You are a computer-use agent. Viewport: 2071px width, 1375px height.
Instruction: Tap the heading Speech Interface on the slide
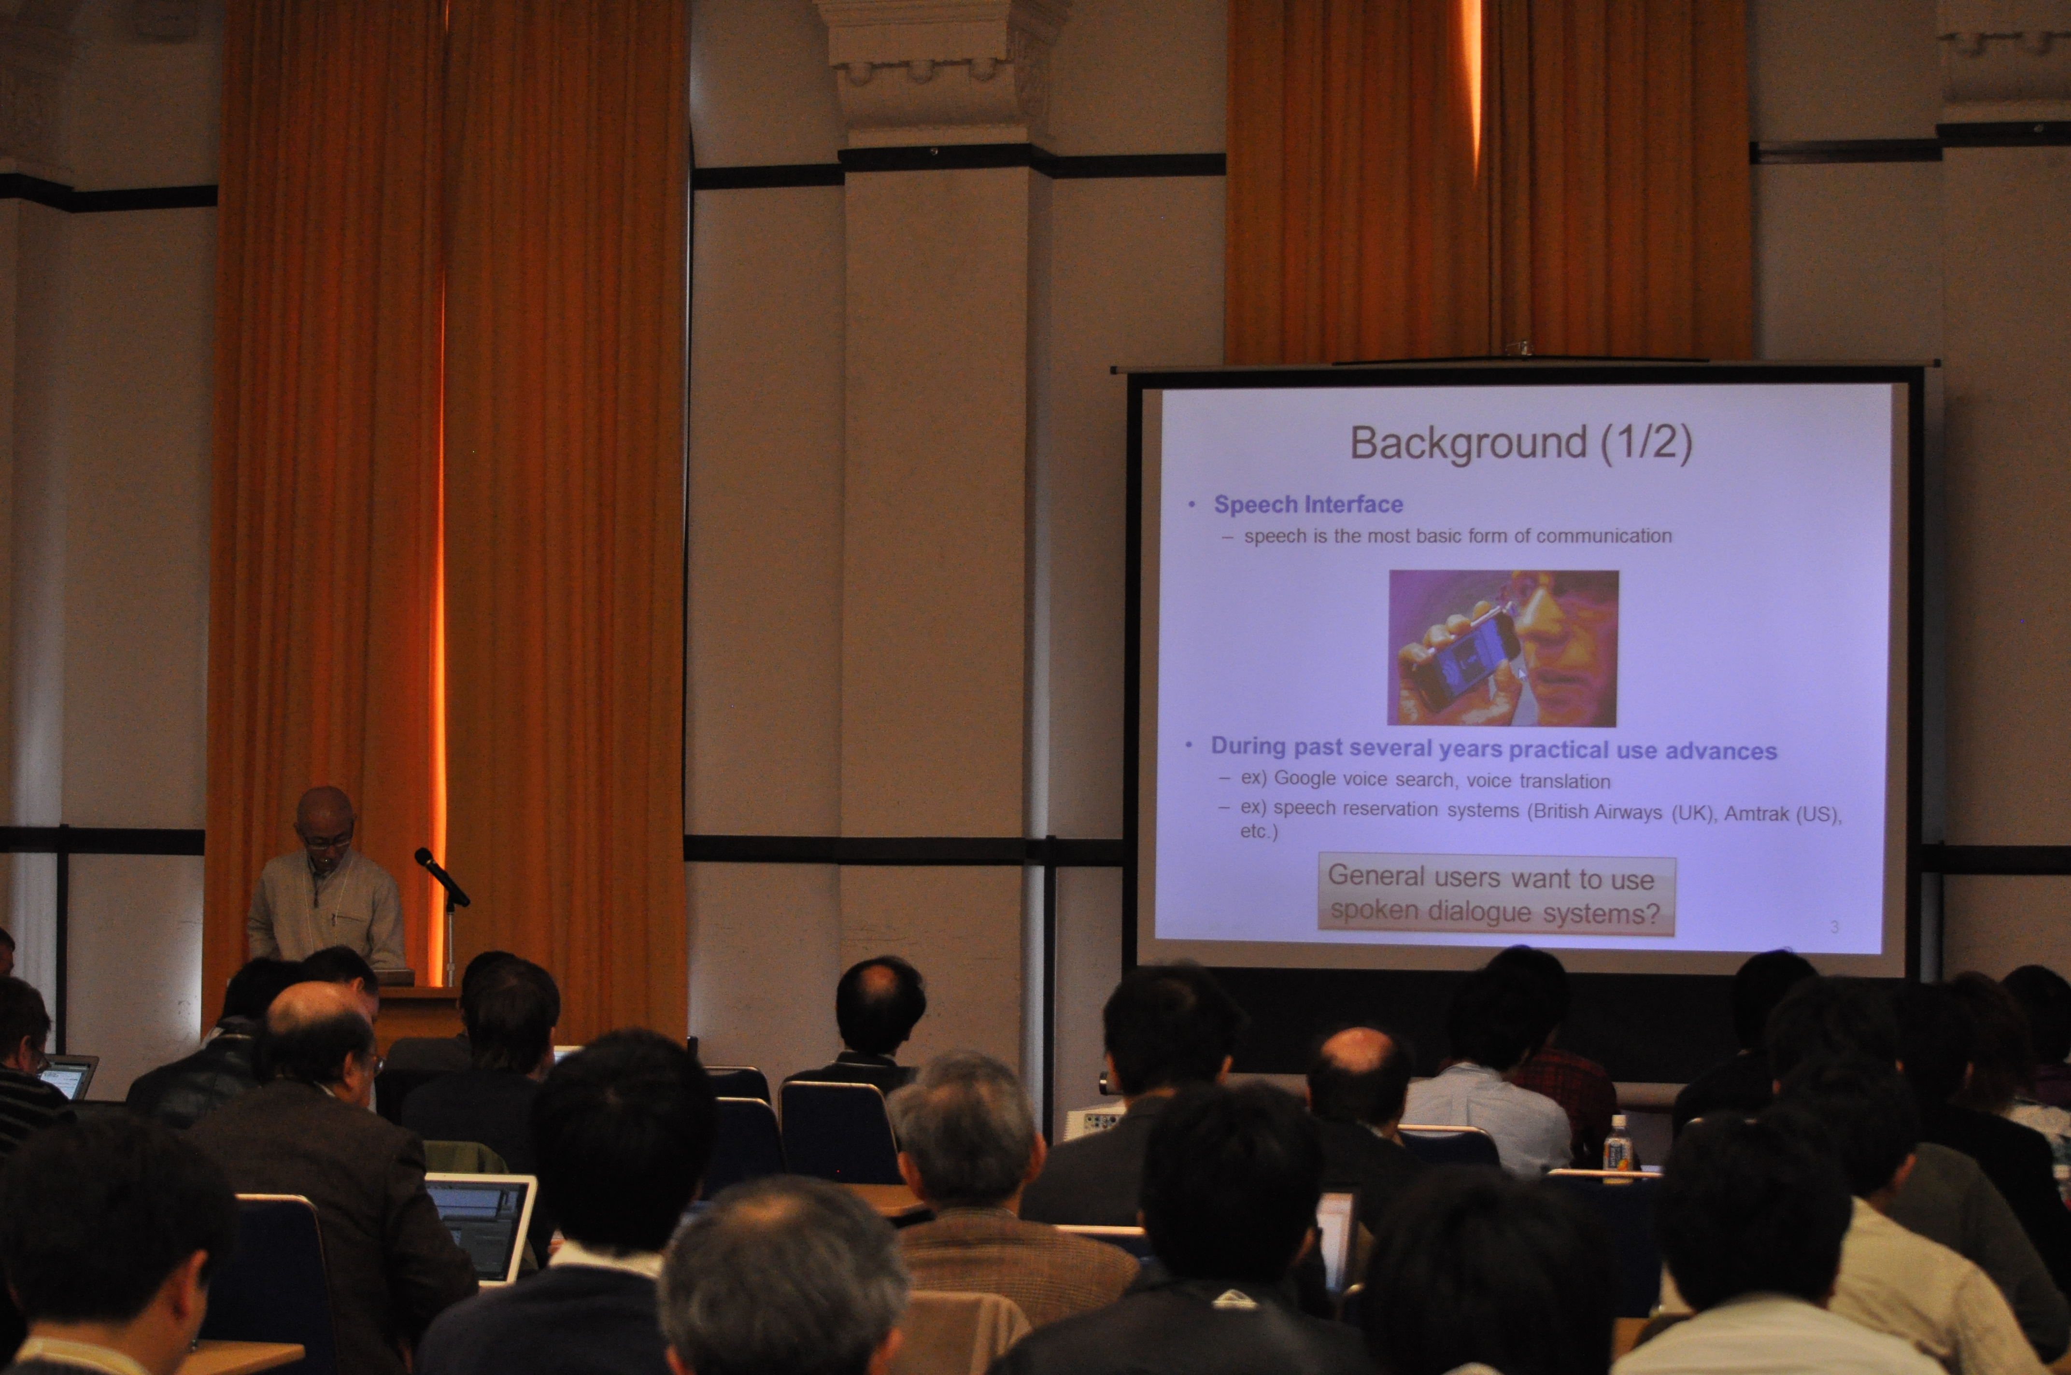click(x=1308, y=504)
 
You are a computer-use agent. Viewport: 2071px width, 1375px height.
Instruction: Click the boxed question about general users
click(x=1496, y=895)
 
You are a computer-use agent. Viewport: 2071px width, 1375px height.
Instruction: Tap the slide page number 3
click(x=1834, y=926)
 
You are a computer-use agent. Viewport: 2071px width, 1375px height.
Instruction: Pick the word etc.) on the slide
click(x=1259, y=831)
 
